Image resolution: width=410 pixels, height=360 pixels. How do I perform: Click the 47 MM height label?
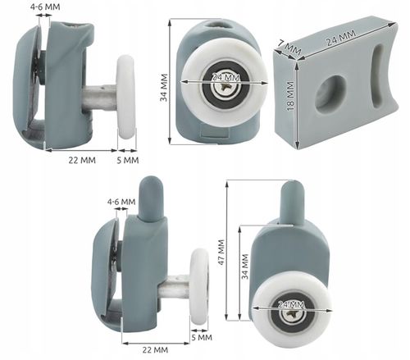tap(221, 252)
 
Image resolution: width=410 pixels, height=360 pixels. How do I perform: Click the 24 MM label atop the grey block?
tap(341, 38)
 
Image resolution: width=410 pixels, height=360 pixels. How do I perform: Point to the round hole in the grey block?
tap(330, 93)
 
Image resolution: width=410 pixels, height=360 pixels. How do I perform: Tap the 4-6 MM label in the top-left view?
tap(45, 7)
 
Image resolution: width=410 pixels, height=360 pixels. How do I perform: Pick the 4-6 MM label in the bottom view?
tap(121, 202)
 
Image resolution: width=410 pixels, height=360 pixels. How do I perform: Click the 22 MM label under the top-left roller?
tap(82, 160)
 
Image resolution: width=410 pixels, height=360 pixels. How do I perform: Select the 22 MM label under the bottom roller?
tap(155, 349)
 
